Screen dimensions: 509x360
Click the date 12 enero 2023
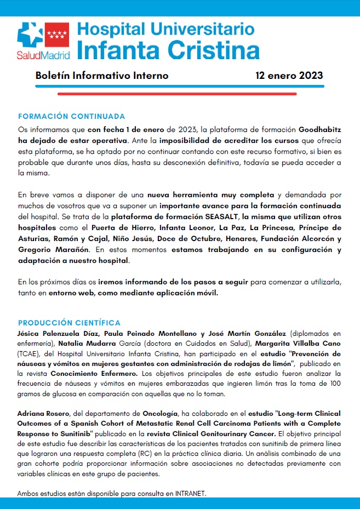click(x=289, y=76)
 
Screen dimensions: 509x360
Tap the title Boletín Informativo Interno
click(x=102, y=76)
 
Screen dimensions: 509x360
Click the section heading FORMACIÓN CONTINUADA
click(x=72, y=116)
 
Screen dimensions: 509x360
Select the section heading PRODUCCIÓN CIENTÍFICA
click(x=69, y=322)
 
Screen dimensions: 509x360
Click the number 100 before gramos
click(x=334, y=383)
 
